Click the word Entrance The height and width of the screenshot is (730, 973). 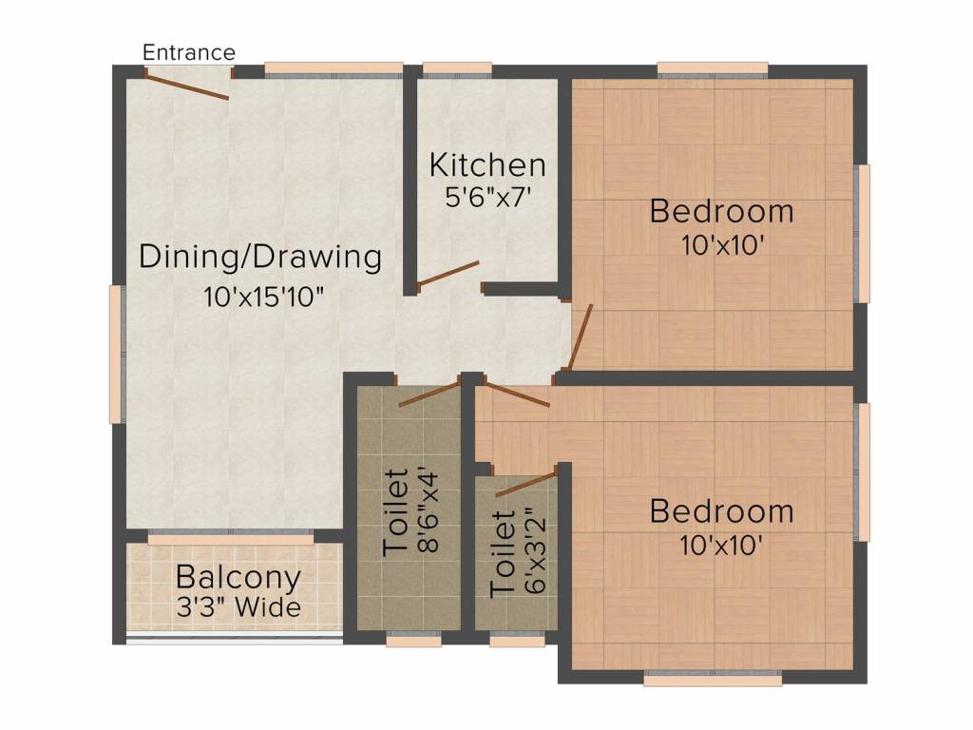pyautogui.click(x=188, y=52)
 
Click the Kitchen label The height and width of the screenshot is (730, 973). pyautogui.click(x=487, y=164)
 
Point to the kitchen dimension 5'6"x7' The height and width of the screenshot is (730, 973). pyautogui.click(x=487, y=198)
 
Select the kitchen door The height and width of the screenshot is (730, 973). pyautogui.click(x=448, y=273)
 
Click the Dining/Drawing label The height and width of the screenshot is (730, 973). pyautogui.click(x=260, y=257)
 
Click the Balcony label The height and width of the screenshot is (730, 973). pyautogui.click(x=238, y=577)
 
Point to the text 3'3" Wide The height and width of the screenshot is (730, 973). pyautogui.click(x=238, y=607)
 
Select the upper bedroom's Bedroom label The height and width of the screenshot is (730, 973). pyautogui.click(x=721, y=210)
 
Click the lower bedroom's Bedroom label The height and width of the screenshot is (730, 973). pyautogui.click(x=721, y=511)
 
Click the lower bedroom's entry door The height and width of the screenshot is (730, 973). pyautogui.click(x=517, y=394)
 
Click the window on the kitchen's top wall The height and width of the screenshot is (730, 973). pyautogui.click(x=457, y=68)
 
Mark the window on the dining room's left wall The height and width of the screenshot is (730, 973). pyautogui.click(x=116, y=354)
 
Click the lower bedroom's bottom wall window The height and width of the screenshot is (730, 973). pyautogui.click(x=712, y=679)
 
